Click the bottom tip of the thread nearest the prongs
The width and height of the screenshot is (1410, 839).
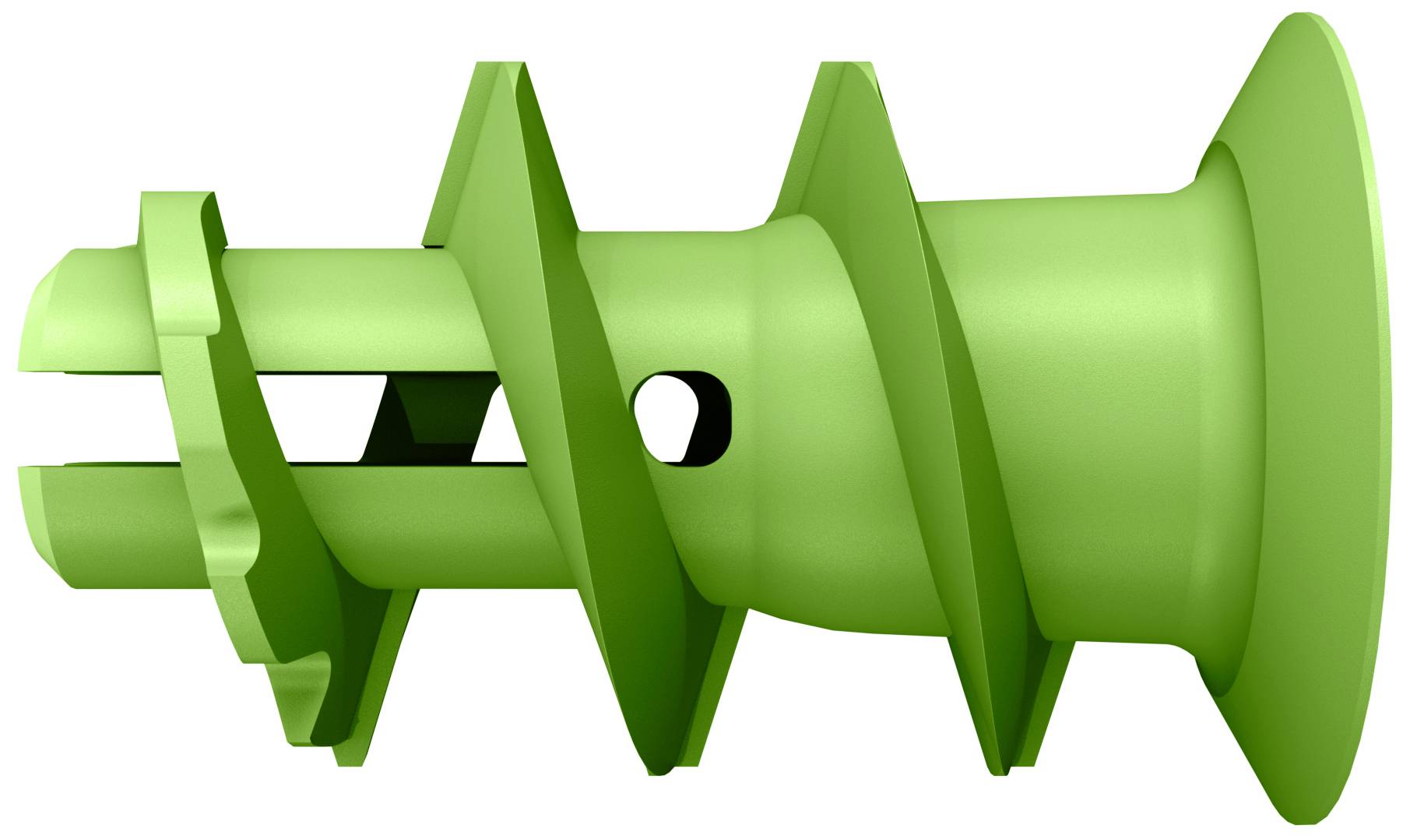343,760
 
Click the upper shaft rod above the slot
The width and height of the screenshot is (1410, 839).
335,312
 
